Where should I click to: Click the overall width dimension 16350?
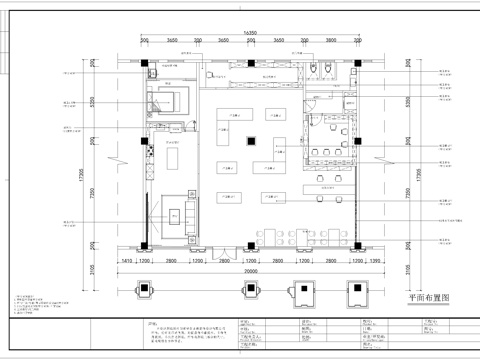click(x=249, y=32)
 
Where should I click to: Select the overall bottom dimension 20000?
click(x=249, y=270)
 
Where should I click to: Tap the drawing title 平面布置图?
click(x=432, y=298)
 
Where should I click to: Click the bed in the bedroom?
click(x=165, y=100)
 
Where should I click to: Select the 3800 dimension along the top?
click(x=330, y=42)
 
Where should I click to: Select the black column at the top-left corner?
click(x=145, y=66)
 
